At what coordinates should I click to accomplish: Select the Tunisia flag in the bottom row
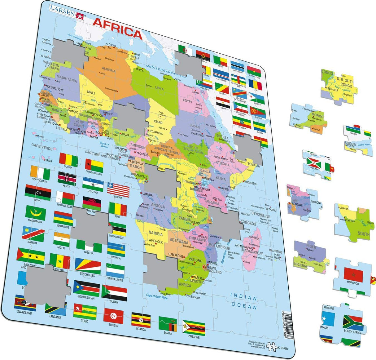(x=113, y=316)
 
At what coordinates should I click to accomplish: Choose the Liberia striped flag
(x=118, y=190)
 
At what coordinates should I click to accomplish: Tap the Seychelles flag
(x=88, y=266)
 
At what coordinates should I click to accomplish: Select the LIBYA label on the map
(x=159, y=88)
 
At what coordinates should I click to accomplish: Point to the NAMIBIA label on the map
(x=155, y=233)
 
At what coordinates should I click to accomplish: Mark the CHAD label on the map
(x=158, y=122)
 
